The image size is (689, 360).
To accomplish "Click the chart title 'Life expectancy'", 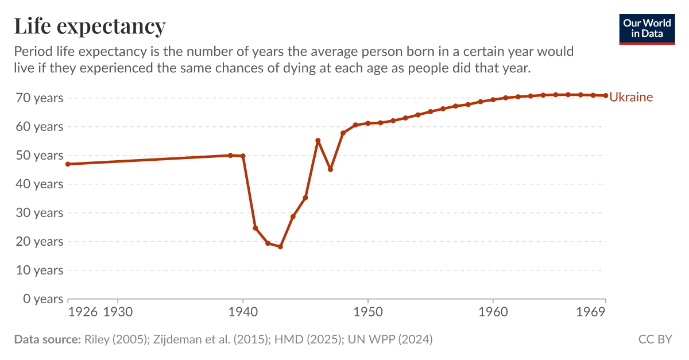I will pyautogui.click(x=90, y=26).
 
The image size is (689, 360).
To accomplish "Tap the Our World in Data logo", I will pyautogui.click(x=647, y=29).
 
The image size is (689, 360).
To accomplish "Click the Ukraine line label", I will pyautogui.click(x=630, y=97).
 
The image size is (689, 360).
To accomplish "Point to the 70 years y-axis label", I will pyautogui.click(x=38, y=98).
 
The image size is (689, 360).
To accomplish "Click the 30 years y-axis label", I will pyautogui.click(x=38, y=213).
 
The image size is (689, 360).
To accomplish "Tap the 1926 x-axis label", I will pyautogui.click(x=83, y=312).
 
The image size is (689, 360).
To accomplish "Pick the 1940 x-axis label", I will pyautogui.click(x=243, y=312).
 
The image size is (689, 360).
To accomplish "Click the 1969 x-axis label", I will pyautogui.click(x=591, y=312).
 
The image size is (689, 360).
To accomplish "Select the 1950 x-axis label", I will pyautogui.click(x=368, y=312).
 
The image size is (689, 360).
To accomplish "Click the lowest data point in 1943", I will pyautogui.click(x=280, y=247).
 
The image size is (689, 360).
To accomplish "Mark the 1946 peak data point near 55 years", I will pyautogui.click(x=318, y=141).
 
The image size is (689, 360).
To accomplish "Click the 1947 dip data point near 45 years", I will pyautogui.click(x=330, y=169).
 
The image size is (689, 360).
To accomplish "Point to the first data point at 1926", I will pyautogui.click(x=68, y=164).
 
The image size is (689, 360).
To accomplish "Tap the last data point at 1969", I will pyautogui.click(x=606, y=95).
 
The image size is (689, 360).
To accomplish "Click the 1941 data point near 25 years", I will pyautogui.click(x=256, y=228).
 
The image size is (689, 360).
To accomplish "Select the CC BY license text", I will pyautogui.click(x=655, y=339).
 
